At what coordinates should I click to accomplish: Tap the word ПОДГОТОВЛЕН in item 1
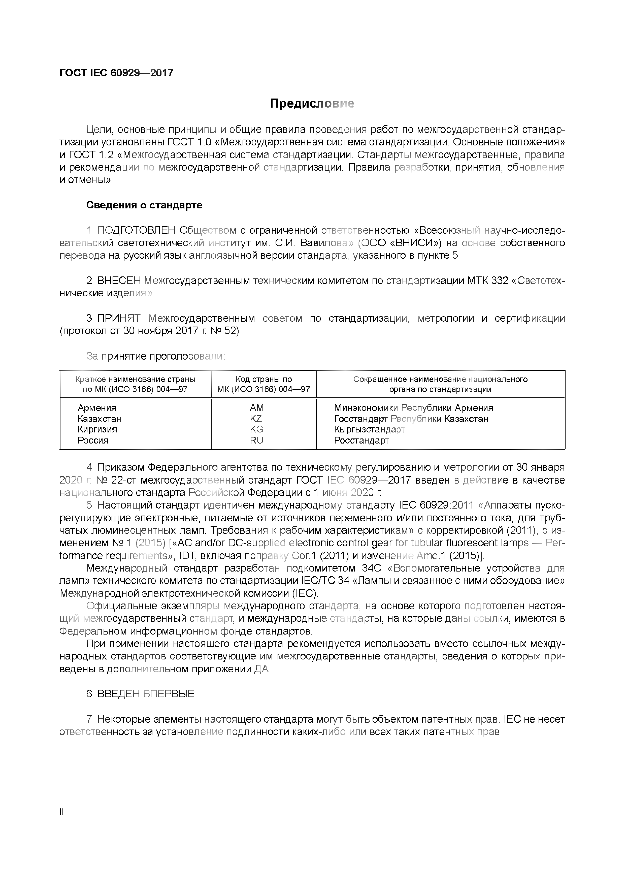coord(136,230)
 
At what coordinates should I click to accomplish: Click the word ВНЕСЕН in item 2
coord(119,281)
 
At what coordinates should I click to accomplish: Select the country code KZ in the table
coord(256,419)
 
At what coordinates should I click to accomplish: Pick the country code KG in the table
coord(256,429)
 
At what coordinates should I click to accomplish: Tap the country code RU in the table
coord(256,440)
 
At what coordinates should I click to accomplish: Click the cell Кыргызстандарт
coord(370,429)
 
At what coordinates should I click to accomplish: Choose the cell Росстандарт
coord(362,440)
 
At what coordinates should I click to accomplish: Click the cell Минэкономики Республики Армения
coord(414,408)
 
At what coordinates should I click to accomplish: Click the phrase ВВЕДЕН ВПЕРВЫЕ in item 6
coord(145,694)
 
